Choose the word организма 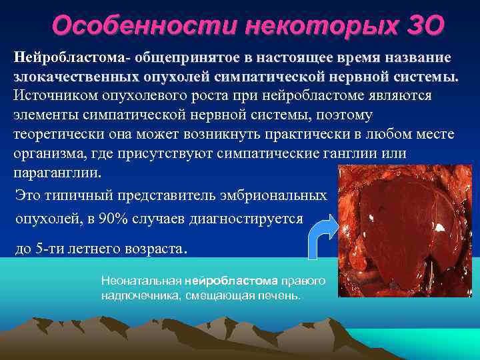(46, 153)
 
